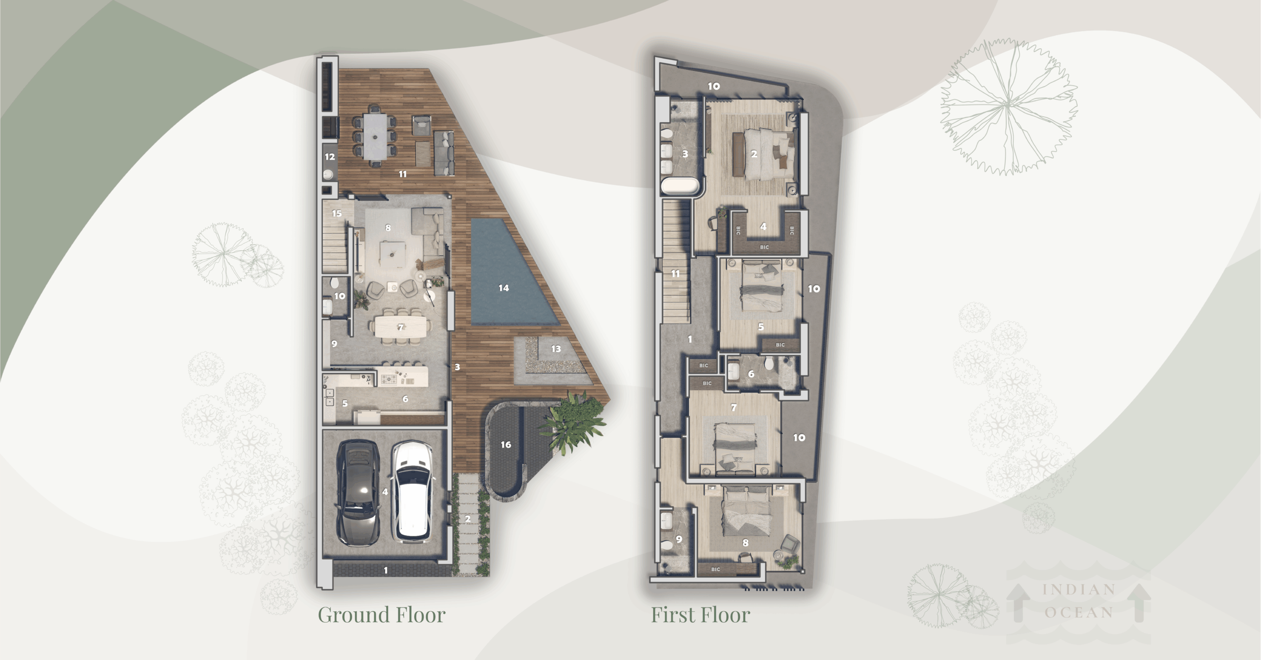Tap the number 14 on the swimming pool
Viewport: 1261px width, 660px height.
click(x=503, y=288)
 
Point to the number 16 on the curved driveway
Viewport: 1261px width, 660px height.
click(x=506, y=445)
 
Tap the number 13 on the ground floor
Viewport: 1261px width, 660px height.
click(x=556, y=349)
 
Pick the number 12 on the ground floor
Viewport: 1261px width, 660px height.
click(x=330, y=157)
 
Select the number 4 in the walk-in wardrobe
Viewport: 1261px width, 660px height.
click(x=763, y=227)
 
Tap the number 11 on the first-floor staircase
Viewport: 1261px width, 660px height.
click(x=676, y=273)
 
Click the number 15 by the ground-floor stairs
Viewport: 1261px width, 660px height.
click(x=337, y=214)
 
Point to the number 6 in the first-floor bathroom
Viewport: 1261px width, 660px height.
click(x=751, y=374)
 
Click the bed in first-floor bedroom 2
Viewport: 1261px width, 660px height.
click(x=768, y=154)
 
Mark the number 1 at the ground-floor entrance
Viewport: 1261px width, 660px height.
click(x=386, y=570)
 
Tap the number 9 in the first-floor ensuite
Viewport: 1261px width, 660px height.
click(x=679, y=539)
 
